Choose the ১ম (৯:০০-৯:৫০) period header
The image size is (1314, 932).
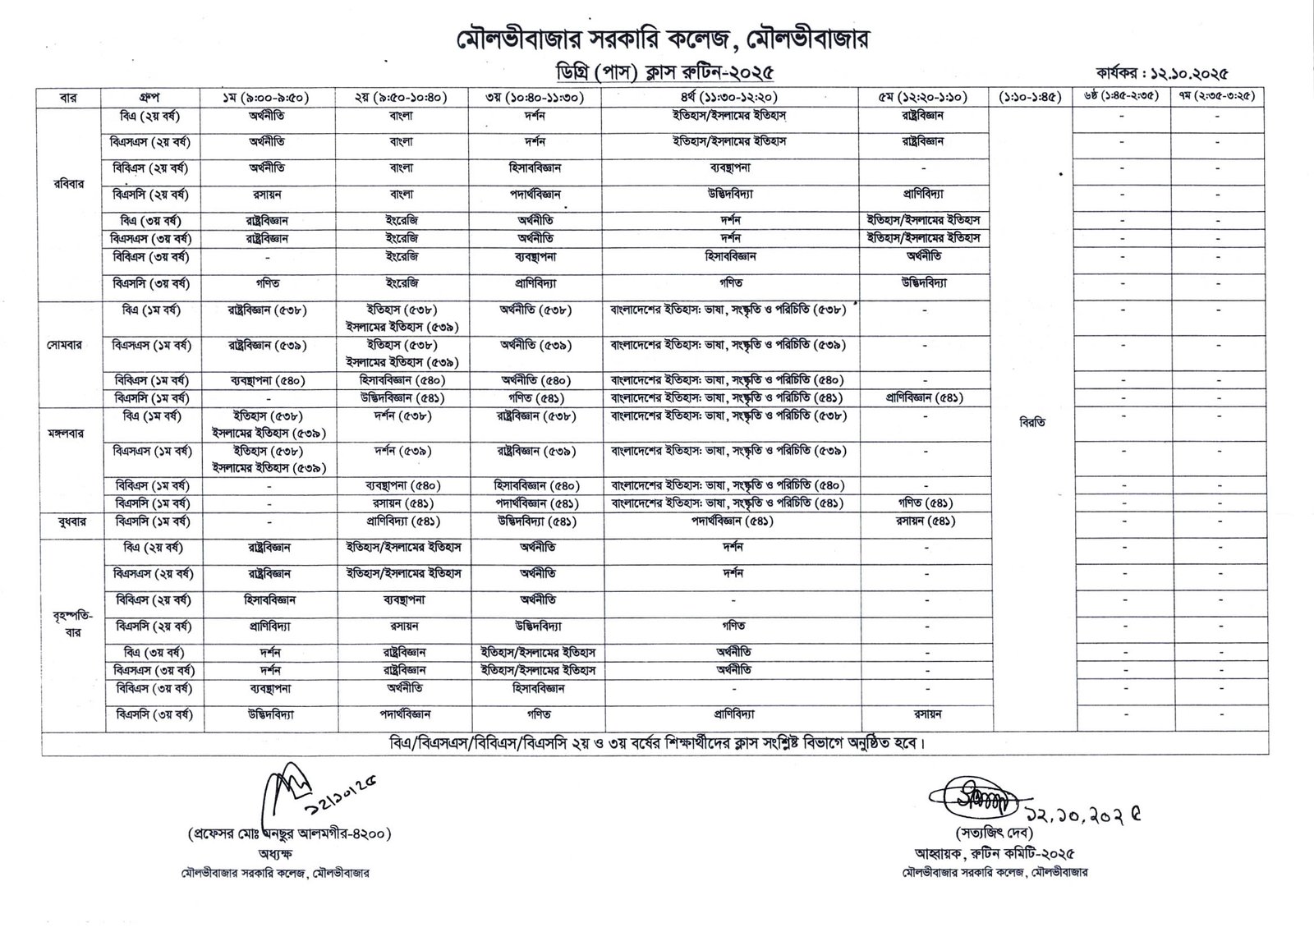click(268, 97)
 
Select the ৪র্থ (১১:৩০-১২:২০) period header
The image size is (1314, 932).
click(729, 97)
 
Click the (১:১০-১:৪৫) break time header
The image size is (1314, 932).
click(1032, 97)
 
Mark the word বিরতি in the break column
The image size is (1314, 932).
click(1031, 423)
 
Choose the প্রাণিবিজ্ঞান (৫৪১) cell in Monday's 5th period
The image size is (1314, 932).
click(924, 397)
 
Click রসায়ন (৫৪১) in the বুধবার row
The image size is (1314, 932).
click(924, 521)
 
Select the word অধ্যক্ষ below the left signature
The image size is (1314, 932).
click(287, 854)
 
